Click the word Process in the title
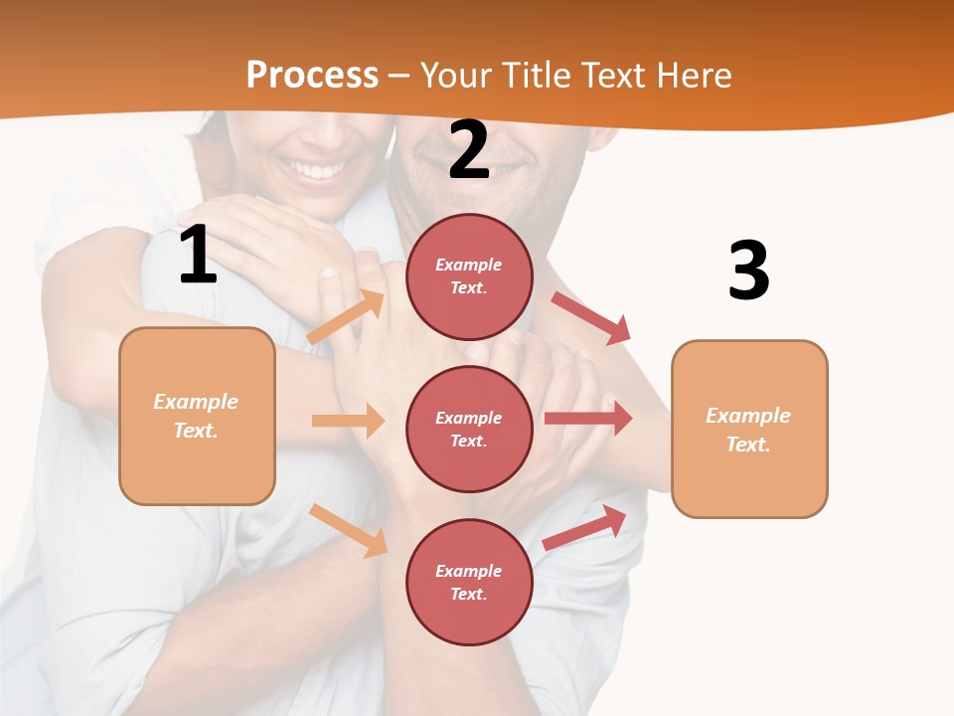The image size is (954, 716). [312, 76]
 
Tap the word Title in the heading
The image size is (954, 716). [536, 76]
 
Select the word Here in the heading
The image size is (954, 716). [692, 76]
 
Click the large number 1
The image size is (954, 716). [198, 255]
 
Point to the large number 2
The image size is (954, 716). [469, 150]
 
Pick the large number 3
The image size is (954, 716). [748, 271]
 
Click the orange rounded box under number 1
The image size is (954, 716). [197, 416]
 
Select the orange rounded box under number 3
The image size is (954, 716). [749, 429]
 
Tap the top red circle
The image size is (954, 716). [469, 276]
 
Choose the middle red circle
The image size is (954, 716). [469, 429]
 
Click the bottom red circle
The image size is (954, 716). [469, 582]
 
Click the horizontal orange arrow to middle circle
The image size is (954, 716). [348, 421]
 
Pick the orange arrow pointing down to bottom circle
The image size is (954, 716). [349, 529]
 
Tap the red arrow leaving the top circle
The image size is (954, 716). [591, 317]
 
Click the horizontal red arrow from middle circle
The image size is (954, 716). [588, 419]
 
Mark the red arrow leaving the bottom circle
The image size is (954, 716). [585, 527]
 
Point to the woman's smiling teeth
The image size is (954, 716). [316, 171]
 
